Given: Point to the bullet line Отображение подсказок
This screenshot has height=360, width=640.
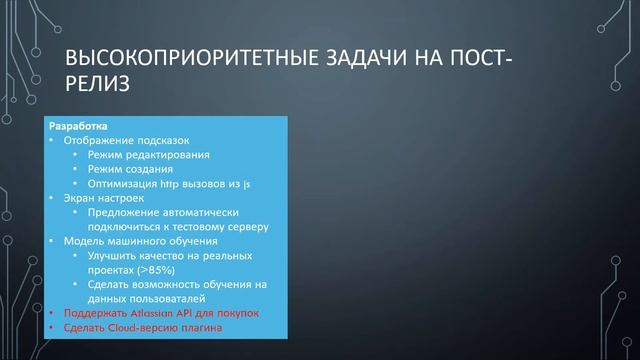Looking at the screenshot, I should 125,141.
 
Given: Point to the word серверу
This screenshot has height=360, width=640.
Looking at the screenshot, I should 246,227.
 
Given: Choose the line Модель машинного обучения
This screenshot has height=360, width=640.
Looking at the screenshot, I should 138,241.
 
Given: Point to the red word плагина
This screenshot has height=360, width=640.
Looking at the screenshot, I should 195,327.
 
